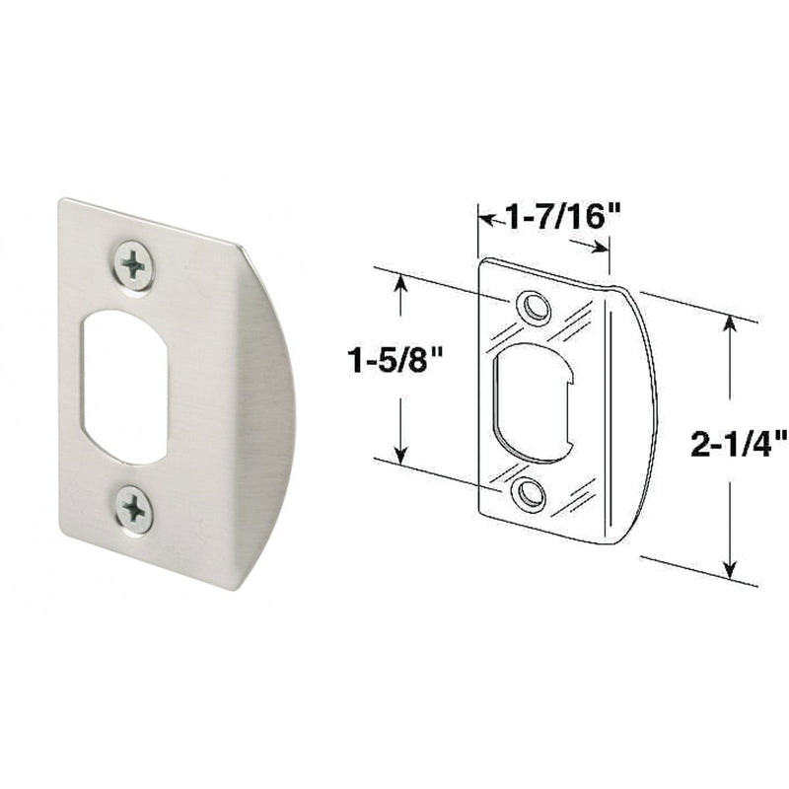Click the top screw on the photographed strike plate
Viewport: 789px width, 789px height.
pyautogui.click(x=133, y=263)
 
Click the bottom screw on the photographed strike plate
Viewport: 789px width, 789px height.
pyautogui.click(x=133, y=510)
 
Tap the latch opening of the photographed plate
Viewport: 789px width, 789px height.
pyautogui.click(x=123, y=388)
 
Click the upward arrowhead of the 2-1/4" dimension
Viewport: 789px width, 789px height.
pyautogui.click(x=731, y=322)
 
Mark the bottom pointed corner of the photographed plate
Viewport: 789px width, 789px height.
pyautogui.click(x=235, y=588)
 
